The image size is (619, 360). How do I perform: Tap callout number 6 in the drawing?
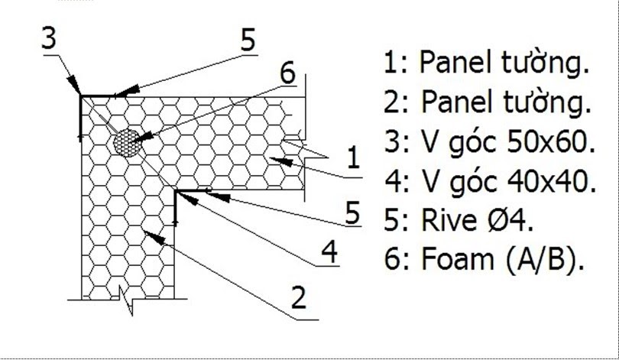pos(287,73)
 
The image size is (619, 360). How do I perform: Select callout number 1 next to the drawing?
pos(352,159)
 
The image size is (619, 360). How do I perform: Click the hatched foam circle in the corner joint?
pos(127,142)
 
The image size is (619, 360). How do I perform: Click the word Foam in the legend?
pos(458,260)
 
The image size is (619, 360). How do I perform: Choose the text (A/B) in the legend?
pos(541,261)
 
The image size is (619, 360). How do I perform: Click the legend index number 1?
pos(397,63)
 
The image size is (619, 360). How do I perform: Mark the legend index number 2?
pos(397,102)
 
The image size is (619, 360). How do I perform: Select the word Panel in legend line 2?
pos(455,102)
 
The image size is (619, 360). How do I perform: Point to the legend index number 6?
pos(397,260)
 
